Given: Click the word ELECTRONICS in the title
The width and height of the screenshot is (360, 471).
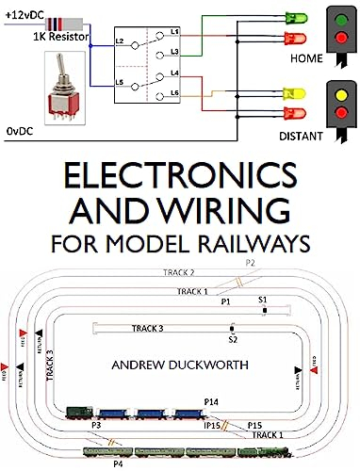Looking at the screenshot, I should click(179, 180).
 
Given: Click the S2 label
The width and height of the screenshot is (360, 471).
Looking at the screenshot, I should click(233, 337).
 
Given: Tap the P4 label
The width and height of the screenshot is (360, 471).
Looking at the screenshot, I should click(118, 464).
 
